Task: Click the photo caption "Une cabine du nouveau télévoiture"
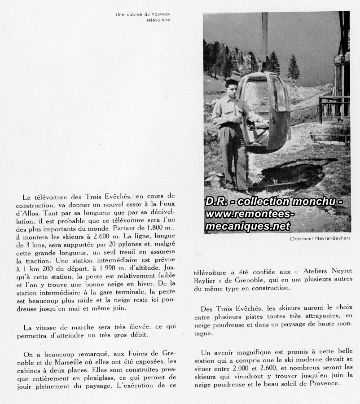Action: click(143, 17)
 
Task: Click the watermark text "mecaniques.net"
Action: click(248, 227)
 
